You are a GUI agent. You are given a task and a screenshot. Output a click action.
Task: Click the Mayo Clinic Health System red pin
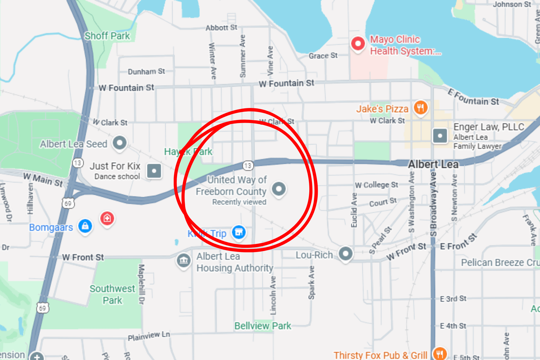pos(358,44)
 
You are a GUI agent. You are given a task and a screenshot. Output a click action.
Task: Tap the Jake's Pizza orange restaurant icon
pos(421,107)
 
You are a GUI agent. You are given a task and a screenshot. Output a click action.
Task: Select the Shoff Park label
pos(107,36)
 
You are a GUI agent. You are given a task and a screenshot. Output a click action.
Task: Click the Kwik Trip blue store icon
pos(239,232)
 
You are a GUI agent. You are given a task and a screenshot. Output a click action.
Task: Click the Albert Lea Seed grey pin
pos(120,143)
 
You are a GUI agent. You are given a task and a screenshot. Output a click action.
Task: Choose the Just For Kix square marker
pos(154,171)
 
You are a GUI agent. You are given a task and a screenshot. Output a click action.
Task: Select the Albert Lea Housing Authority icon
pos(184,261)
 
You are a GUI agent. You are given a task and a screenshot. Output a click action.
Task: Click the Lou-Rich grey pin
pos(346,253)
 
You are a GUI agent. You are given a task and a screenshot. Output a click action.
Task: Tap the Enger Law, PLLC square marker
pos(440,136)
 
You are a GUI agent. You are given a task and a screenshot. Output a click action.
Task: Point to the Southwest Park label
pos(112,294)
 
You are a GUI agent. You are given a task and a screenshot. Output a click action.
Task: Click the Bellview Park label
pos(262,326)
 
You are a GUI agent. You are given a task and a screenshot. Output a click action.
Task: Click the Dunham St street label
pos(146,72)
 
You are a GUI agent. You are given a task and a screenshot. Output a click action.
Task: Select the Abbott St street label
pos(221,28)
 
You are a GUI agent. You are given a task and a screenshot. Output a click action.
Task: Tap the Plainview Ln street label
pos(149,336)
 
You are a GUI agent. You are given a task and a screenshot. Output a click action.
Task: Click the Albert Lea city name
pos(433,164)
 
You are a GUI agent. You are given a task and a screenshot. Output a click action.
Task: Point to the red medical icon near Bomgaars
pos(107,218)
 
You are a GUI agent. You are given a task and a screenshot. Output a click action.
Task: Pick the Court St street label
pos(383,202)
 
